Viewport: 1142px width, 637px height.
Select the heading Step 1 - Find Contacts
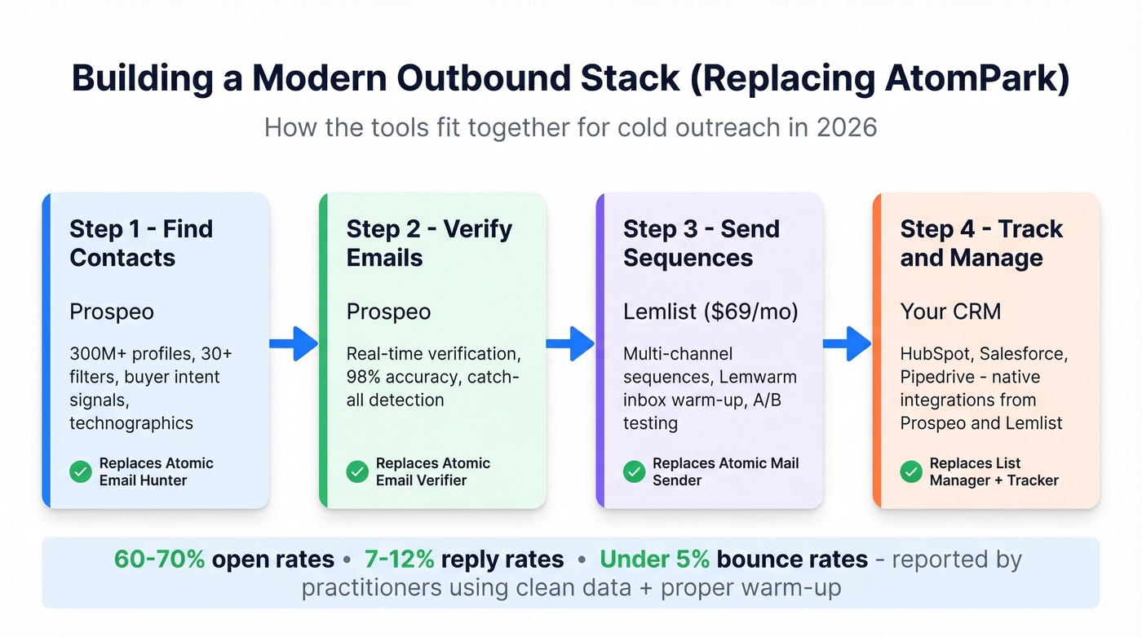(x=141, y=243)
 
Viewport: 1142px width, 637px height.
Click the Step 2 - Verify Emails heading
(x=429, y=243)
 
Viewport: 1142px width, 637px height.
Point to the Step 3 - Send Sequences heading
(x=702, y=243)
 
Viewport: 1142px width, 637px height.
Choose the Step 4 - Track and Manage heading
(x=981, y=243)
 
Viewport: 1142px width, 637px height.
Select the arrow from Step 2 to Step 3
(x=570, y=343)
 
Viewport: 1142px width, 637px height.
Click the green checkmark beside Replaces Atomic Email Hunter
(x=81, y=471)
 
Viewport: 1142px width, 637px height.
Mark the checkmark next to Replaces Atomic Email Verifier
(x=357, y=471)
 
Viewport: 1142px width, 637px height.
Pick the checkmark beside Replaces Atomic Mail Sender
(x=634, y=471)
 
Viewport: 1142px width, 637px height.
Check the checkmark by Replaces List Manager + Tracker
(x=911, y=471)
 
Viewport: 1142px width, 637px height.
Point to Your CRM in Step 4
(x=950, y=312)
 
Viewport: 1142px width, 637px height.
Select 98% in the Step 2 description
(x=365, y=377)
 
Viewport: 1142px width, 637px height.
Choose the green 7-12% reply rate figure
(x=399, y=560)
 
